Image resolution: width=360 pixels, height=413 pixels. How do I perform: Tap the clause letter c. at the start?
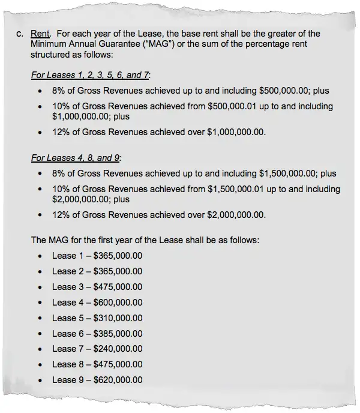click(x=20, y=34)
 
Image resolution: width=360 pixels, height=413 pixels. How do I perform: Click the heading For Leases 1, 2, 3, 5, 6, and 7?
click(x=91, y=75)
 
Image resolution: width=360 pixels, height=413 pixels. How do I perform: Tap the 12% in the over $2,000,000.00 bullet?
click(x=61, y=214)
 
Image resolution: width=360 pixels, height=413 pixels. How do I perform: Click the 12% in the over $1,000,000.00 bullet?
click(x=61, y=131)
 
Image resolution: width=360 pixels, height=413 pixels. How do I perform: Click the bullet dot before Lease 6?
click(x=40, y=334)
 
